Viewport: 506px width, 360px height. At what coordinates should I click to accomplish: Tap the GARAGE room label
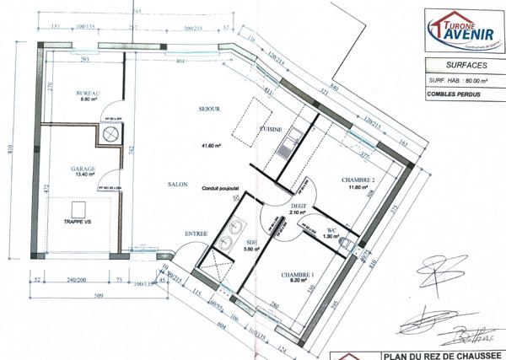click(83, 169)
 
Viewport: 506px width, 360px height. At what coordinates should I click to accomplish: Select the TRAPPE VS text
click(75, 222)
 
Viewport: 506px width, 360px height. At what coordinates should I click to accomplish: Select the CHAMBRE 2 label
click(358, 180)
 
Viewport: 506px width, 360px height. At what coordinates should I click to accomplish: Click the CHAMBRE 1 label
click(299, 275)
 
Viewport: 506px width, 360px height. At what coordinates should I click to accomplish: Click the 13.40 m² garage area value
click(83, 176)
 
